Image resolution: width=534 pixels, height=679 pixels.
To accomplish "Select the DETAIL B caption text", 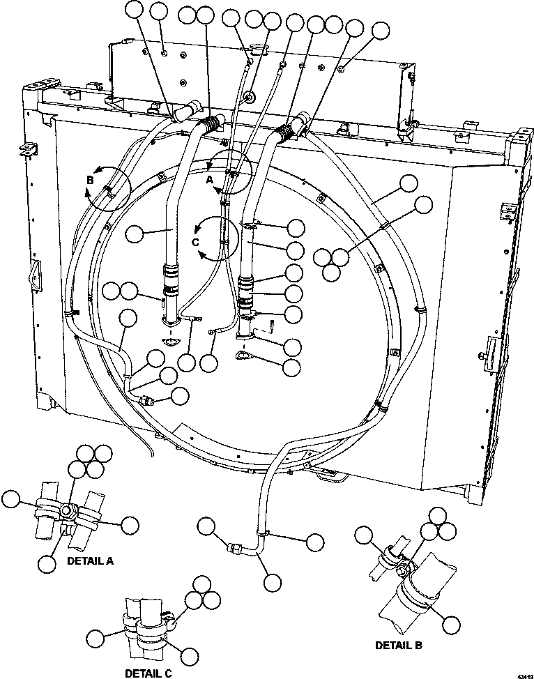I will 398,646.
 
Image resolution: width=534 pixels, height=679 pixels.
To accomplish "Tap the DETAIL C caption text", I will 147,673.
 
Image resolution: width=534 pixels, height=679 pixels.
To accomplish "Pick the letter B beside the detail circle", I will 89,179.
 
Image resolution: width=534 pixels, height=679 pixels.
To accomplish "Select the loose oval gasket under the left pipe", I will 169,342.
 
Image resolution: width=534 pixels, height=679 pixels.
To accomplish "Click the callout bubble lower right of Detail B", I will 451,624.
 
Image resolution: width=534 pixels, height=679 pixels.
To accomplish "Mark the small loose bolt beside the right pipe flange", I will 272,323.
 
